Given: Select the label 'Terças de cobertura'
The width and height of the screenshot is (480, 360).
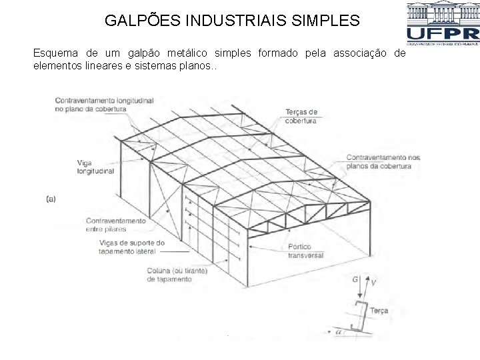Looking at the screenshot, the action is tap(301, 116).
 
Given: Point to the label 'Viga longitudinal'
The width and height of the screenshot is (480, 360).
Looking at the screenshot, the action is tap(95, 167).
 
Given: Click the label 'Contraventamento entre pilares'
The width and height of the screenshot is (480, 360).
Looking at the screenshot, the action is tap(115, 225).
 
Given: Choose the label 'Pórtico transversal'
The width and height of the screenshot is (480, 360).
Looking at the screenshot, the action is tap(305, 251).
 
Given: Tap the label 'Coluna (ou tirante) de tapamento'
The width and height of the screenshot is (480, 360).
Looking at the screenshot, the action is tap(177, 275).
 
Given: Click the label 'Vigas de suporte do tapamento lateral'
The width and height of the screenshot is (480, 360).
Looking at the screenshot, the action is tap(131, 247).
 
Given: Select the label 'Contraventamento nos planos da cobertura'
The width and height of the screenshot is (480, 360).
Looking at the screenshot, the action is tap(383, 161).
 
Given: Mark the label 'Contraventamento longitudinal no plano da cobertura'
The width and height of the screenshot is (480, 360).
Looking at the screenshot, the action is tap(104, 104).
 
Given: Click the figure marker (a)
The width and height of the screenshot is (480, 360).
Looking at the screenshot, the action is tap(51, 198).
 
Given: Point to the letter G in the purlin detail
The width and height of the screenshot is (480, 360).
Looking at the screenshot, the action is tap(355, 280).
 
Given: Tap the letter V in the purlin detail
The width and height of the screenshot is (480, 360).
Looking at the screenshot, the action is tap(373, 283).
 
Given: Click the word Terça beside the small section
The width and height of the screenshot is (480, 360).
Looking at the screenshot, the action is tap(379, 311).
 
